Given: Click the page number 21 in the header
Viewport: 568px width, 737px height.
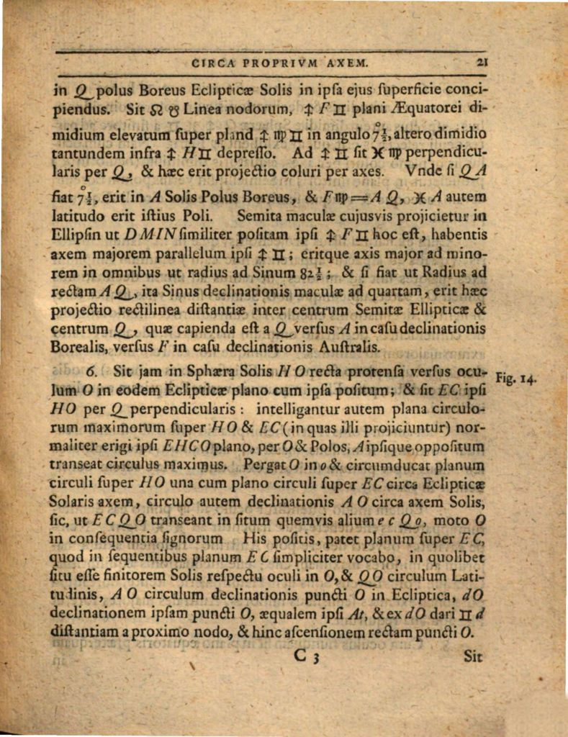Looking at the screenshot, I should click(x=482, y=63).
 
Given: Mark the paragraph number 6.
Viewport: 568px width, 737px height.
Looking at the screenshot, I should click(x=91, y=372).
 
